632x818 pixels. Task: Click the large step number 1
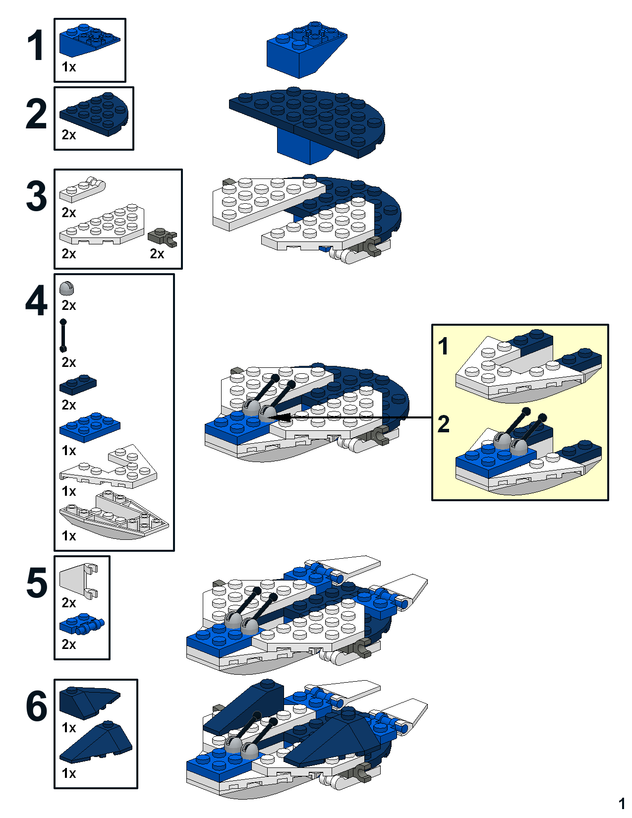[36, 46]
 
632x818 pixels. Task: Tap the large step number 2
[36, 115]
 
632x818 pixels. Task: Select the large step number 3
[36, 197]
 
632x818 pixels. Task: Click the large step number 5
[36, 583]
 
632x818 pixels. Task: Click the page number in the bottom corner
[622, 803]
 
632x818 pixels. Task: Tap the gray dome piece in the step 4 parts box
[67, 288]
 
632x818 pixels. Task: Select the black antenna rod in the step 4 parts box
[63, 336]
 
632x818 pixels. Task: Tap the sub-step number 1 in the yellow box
[443, 346]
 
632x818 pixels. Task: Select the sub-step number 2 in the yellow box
[443, 424]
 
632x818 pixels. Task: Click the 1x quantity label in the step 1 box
[68, 67]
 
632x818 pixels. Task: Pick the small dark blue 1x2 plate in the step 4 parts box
[78, 384]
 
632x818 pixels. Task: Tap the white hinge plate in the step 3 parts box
[82, 189]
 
